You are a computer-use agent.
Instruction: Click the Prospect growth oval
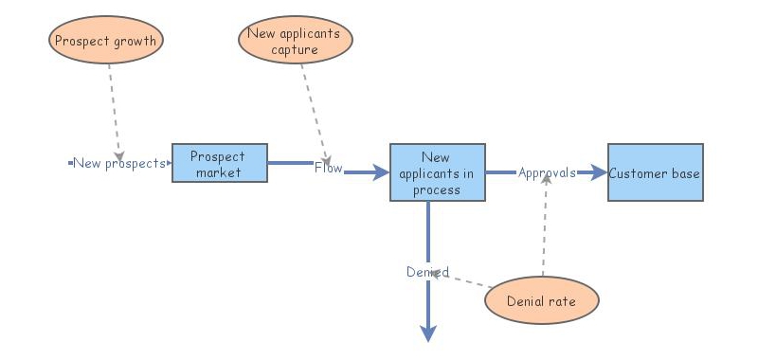(x=105, y=41)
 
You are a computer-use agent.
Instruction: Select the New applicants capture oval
(x=295, y=42)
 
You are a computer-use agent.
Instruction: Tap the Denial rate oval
(x=542, y=301)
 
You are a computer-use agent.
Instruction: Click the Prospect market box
(x=219, y=164)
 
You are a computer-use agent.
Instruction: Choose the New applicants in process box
(x=437, y=172)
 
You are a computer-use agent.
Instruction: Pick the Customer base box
(x=655, y=172)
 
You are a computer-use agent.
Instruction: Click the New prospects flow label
(x=119, y=163)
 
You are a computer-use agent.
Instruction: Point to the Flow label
(x=329, y=168)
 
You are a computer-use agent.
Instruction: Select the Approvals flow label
(x=547, y=172)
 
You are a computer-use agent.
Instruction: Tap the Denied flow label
(x=427, y=272)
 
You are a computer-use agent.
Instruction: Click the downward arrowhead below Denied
(x=428, y=333)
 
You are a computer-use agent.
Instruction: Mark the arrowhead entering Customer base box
(x=598, y=172)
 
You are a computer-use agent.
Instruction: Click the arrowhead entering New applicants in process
(x=380, y=172)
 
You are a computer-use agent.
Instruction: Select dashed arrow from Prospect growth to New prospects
(x=114, y=109)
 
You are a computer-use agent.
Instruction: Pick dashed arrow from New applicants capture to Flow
(x=315, y=109)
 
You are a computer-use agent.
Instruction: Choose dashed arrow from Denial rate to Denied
(x=469, y=280)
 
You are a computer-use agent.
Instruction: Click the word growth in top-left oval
(x=134, y=41)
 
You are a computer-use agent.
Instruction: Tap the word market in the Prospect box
(x=219, y=171)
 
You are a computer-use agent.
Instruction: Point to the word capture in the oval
(x=295, y=49)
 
